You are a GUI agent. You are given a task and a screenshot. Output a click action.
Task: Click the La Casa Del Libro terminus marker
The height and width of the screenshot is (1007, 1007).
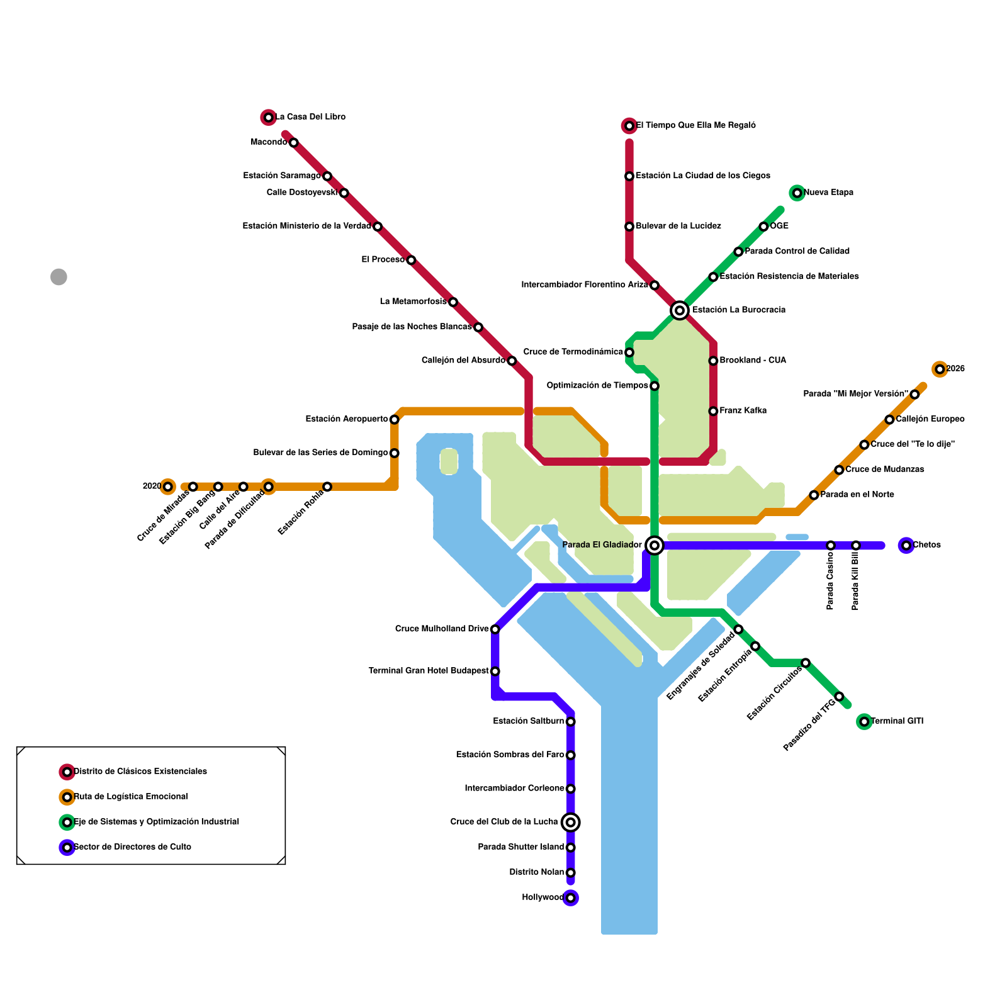(x=269, y=117)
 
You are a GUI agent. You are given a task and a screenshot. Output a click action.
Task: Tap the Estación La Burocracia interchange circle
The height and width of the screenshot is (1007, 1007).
(x=679, y=310)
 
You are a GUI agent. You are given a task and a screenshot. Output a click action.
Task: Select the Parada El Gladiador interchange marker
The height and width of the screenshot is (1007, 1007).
(x=655, y=545)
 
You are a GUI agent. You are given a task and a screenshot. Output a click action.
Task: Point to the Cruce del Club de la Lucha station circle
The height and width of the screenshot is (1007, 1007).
(x=570, y=822)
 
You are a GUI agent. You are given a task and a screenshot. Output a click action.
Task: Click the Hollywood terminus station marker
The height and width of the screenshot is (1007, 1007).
(x=570, y=898)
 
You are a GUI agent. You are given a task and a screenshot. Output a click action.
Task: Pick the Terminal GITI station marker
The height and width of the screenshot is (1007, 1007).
(x=864, y=721)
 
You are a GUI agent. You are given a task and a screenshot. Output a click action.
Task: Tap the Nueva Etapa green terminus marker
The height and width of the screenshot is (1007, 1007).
(x=797, y=193)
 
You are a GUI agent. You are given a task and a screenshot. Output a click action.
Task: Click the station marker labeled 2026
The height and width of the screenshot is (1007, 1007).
(x=940, y=369)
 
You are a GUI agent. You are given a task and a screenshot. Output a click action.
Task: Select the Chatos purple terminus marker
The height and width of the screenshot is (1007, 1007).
(x=906, y=545)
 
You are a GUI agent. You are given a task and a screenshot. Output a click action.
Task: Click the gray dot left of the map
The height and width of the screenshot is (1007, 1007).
(x=59, y=277)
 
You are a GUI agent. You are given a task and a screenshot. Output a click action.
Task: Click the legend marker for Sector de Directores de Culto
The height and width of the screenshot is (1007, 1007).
(x=67, y=847)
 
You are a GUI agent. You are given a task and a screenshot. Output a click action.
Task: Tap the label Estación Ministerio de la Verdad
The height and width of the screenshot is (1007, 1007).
(x=307, y=227)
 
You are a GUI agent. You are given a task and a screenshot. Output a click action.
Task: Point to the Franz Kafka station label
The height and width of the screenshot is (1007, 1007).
(x=743, y=411)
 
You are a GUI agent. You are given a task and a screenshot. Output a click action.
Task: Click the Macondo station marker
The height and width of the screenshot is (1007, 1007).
(x=293, y=143)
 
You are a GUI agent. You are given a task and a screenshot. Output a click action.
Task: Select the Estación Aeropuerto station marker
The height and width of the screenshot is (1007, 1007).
(x=394, y=420)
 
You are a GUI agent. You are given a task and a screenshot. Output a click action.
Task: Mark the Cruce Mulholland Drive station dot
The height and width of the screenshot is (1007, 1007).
(x=495, y=629)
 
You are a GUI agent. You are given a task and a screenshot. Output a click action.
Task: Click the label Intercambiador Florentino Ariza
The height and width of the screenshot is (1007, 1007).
(x=584, y=285)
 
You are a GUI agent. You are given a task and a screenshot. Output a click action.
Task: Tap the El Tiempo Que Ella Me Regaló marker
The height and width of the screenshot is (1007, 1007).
(x=629, y=126)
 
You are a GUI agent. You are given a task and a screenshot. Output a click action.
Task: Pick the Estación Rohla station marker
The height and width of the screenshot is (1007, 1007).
(x=327, y=487)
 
